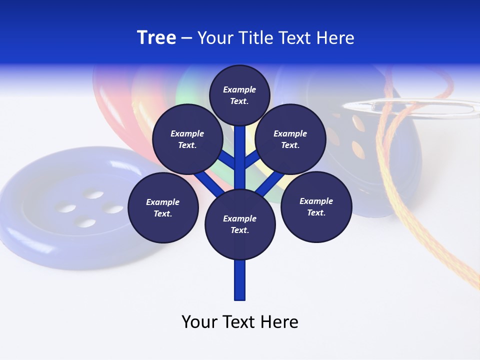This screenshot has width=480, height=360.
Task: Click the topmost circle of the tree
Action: tap(239, 95)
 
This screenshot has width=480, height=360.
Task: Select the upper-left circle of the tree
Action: tap(187, 139)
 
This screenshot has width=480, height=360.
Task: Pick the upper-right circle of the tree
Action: tap(290, 139)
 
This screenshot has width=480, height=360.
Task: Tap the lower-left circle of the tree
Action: tap(163, 207)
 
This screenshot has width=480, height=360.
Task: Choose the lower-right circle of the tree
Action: tap(316, 206)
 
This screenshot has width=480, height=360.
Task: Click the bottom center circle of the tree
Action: tap(240, 224)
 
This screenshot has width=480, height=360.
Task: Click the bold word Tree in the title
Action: tap(156, 37)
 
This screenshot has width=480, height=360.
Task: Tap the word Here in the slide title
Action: tap(335, 38)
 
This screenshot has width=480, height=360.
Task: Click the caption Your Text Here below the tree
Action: tap(240, 322)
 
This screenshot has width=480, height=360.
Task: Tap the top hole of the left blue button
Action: tap(92, 193)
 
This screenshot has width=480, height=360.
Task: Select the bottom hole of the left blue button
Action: tap(87, 222)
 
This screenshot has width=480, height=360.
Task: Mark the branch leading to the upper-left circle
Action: tap(228, 159)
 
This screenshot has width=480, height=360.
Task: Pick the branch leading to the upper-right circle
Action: tap(252, 159)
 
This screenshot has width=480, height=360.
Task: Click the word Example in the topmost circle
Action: tap(239, 89)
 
